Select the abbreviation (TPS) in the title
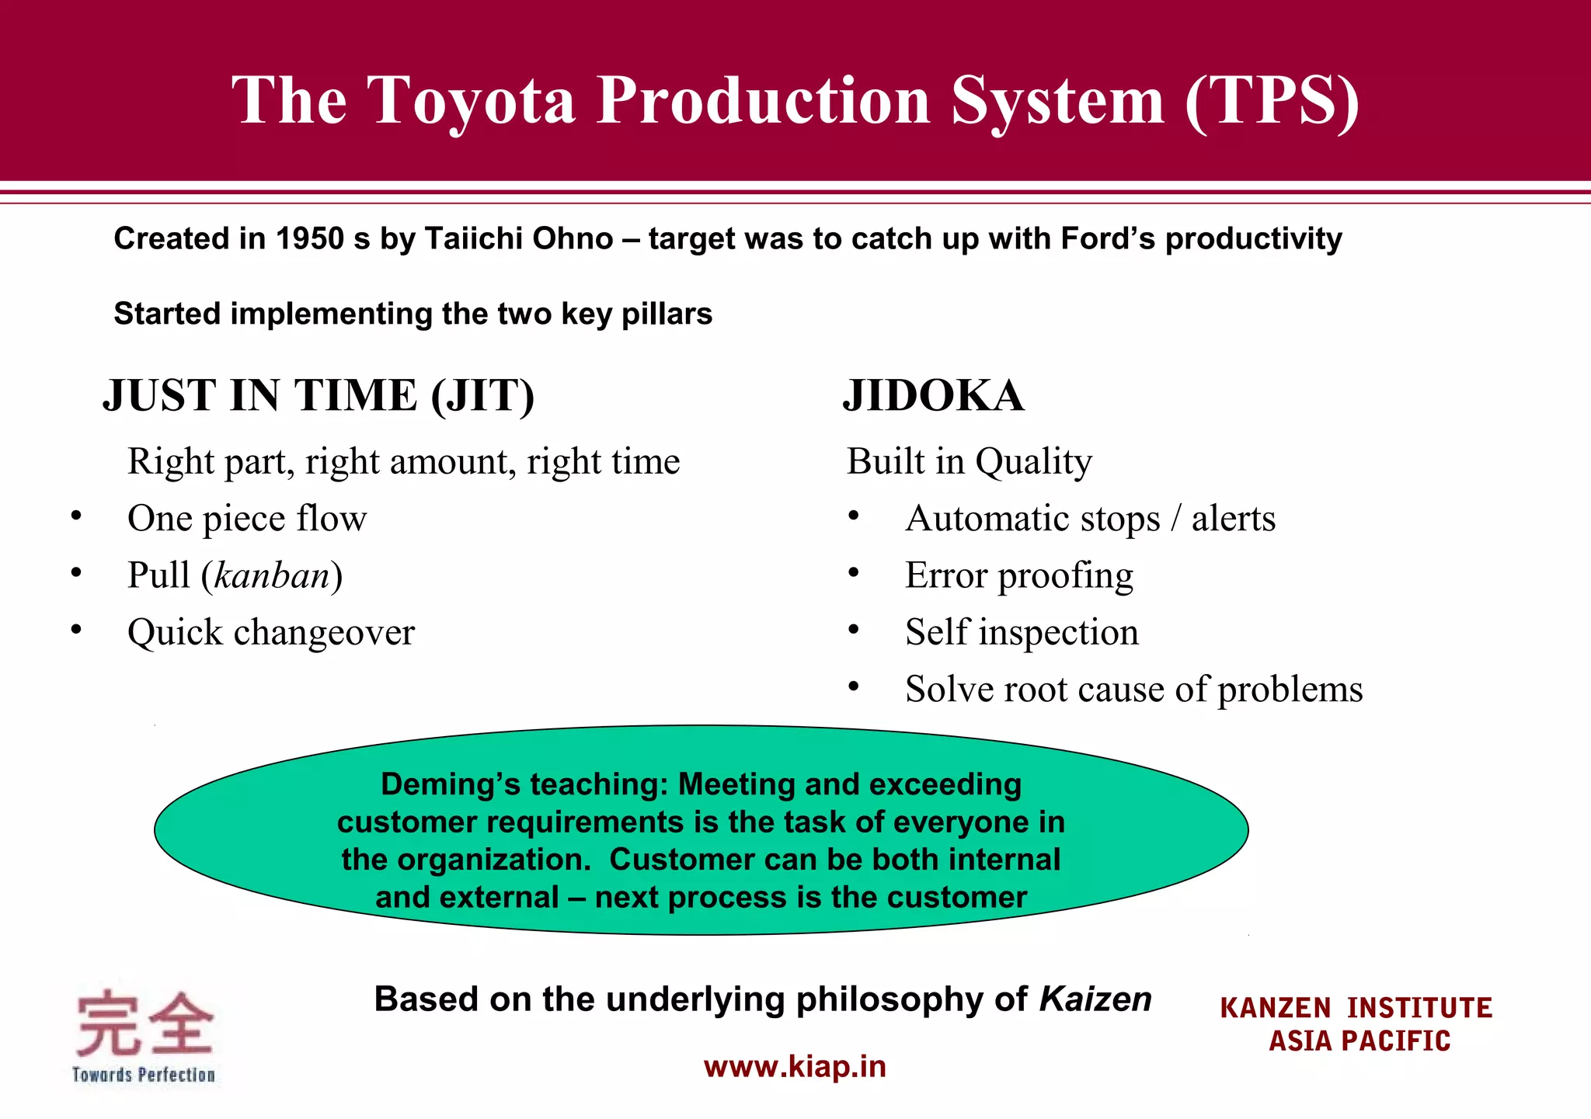pyautogui.click(x=1272, y=101)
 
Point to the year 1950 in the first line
pyautogui.click(x=309, y=239)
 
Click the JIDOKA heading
pyautogui.click(x=933, y=396)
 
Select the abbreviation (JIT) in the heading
pyautogui.click(x=482, y=396)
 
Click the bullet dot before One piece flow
pyautogui.click(x=75, y=516)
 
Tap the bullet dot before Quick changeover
pyautogui.click(x=75, y=629)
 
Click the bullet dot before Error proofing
pyautogui.click(x=853, y=572)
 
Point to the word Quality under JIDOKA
pyautogui.click(x=1033, y=462)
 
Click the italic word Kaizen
pyautogui.click(x=1095, y=999)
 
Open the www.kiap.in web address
pyautogui.click(x=795, y=1067)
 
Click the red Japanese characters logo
pyautogui.click(x=144, y=1023)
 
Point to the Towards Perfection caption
pyautogui.click(x=144, y=1076)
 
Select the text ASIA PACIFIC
pyautogui.click(x=1359, y=1041)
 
